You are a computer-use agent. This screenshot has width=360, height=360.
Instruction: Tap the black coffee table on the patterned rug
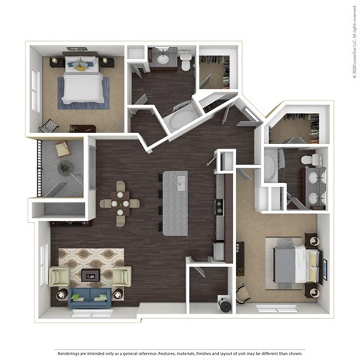click(x=90, y=275)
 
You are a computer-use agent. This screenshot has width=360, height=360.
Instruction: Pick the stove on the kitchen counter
click(x=218, y=205)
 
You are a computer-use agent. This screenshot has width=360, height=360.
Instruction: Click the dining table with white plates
click(x=120, y=201)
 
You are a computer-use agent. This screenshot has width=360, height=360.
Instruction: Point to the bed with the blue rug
click(x=81, y=84)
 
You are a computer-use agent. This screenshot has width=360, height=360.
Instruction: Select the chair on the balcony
click(x=61, y=148)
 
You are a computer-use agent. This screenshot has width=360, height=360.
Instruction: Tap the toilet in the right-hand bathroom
click(x=307, y=160)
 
